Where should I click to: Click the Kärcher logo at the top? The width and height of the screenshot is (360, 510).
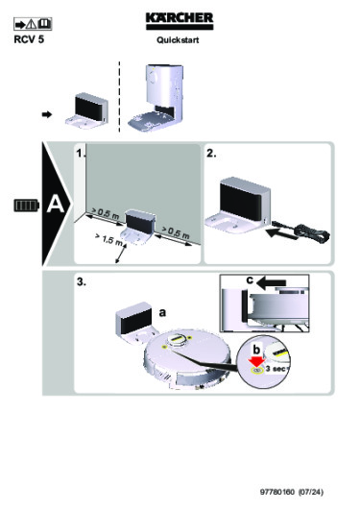point(180,21)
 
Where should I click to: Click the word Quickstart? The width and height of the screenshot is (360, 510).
point(178,40)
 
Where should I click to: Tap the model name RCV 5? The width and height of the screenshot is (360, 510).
point(29,39)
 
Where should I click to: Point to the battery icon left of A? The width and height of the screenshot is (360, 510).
point(27,206)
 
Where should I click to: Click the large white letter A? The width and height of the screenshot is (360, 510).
point(56,205)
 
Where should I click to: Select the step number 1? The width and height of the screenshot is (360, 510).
point(81,154)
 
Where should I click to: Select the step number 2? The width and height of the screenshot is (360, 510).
point(211,154)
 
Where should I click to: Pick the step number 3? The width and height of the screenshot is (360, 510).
point(82,281)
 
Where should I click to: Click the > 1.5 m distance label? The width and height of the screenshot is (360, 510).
point(108,239)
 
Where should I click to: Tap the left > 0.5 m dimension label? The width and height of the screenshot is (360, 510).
point(106,213)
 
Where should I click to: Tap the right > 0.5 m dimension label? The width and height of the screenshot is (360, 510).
point(176,231)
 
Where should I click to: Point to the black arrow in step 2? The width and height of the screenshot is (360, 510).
point(282,233)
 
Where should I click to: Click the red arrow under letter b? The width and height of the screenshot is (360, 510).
point(257,361)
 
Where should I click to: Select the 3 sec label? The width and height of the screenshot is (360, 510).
point(276,369)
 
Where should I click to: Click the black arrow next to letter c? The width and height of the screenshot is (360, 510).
point(272,283)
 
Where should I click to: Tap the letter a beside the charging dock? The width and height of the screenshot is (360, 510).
point(162,312)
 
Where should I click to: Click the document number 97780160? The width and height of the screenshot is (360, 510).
point(277,492)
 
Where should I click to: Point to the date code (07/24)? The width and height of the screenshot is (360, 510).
point(311,492)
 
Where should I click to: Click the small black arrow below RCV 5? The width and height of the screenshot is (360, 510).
point(47,114)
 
